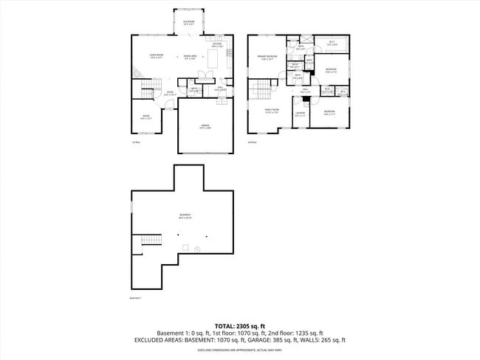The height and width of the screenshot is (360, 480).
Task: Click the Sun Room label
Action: [188, 23]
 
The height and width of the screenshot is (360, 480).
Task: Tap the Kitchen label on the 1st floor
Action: [217, 45]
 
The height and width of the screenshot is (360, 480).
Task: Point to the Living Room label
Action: [157, 55]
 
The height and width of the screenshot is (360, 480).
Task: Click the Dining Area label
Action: [189, 57]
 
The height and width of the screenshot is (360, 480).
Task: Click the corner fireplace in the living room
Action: [137, 72]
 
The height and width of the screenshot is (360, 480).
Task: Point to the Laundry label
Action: [301, 114]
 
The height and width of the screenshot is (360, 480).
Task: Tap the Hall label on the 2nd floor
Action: [305, 90]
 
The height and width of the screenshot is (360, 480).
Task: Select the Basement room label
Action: [185, 217]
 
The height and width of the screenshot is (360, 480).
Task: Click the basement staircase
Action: [150, 241]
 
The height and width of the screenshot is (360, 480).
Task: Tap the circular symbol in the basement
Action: [197, 249]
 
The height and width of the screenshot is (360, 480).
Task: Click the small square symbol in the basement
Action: [187, 247]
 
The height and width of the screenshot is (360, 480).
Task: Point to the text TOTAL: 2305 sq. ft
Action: [239, 325]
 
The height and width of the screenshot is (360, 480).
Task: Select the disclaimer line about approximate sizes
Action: [239, 350]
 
